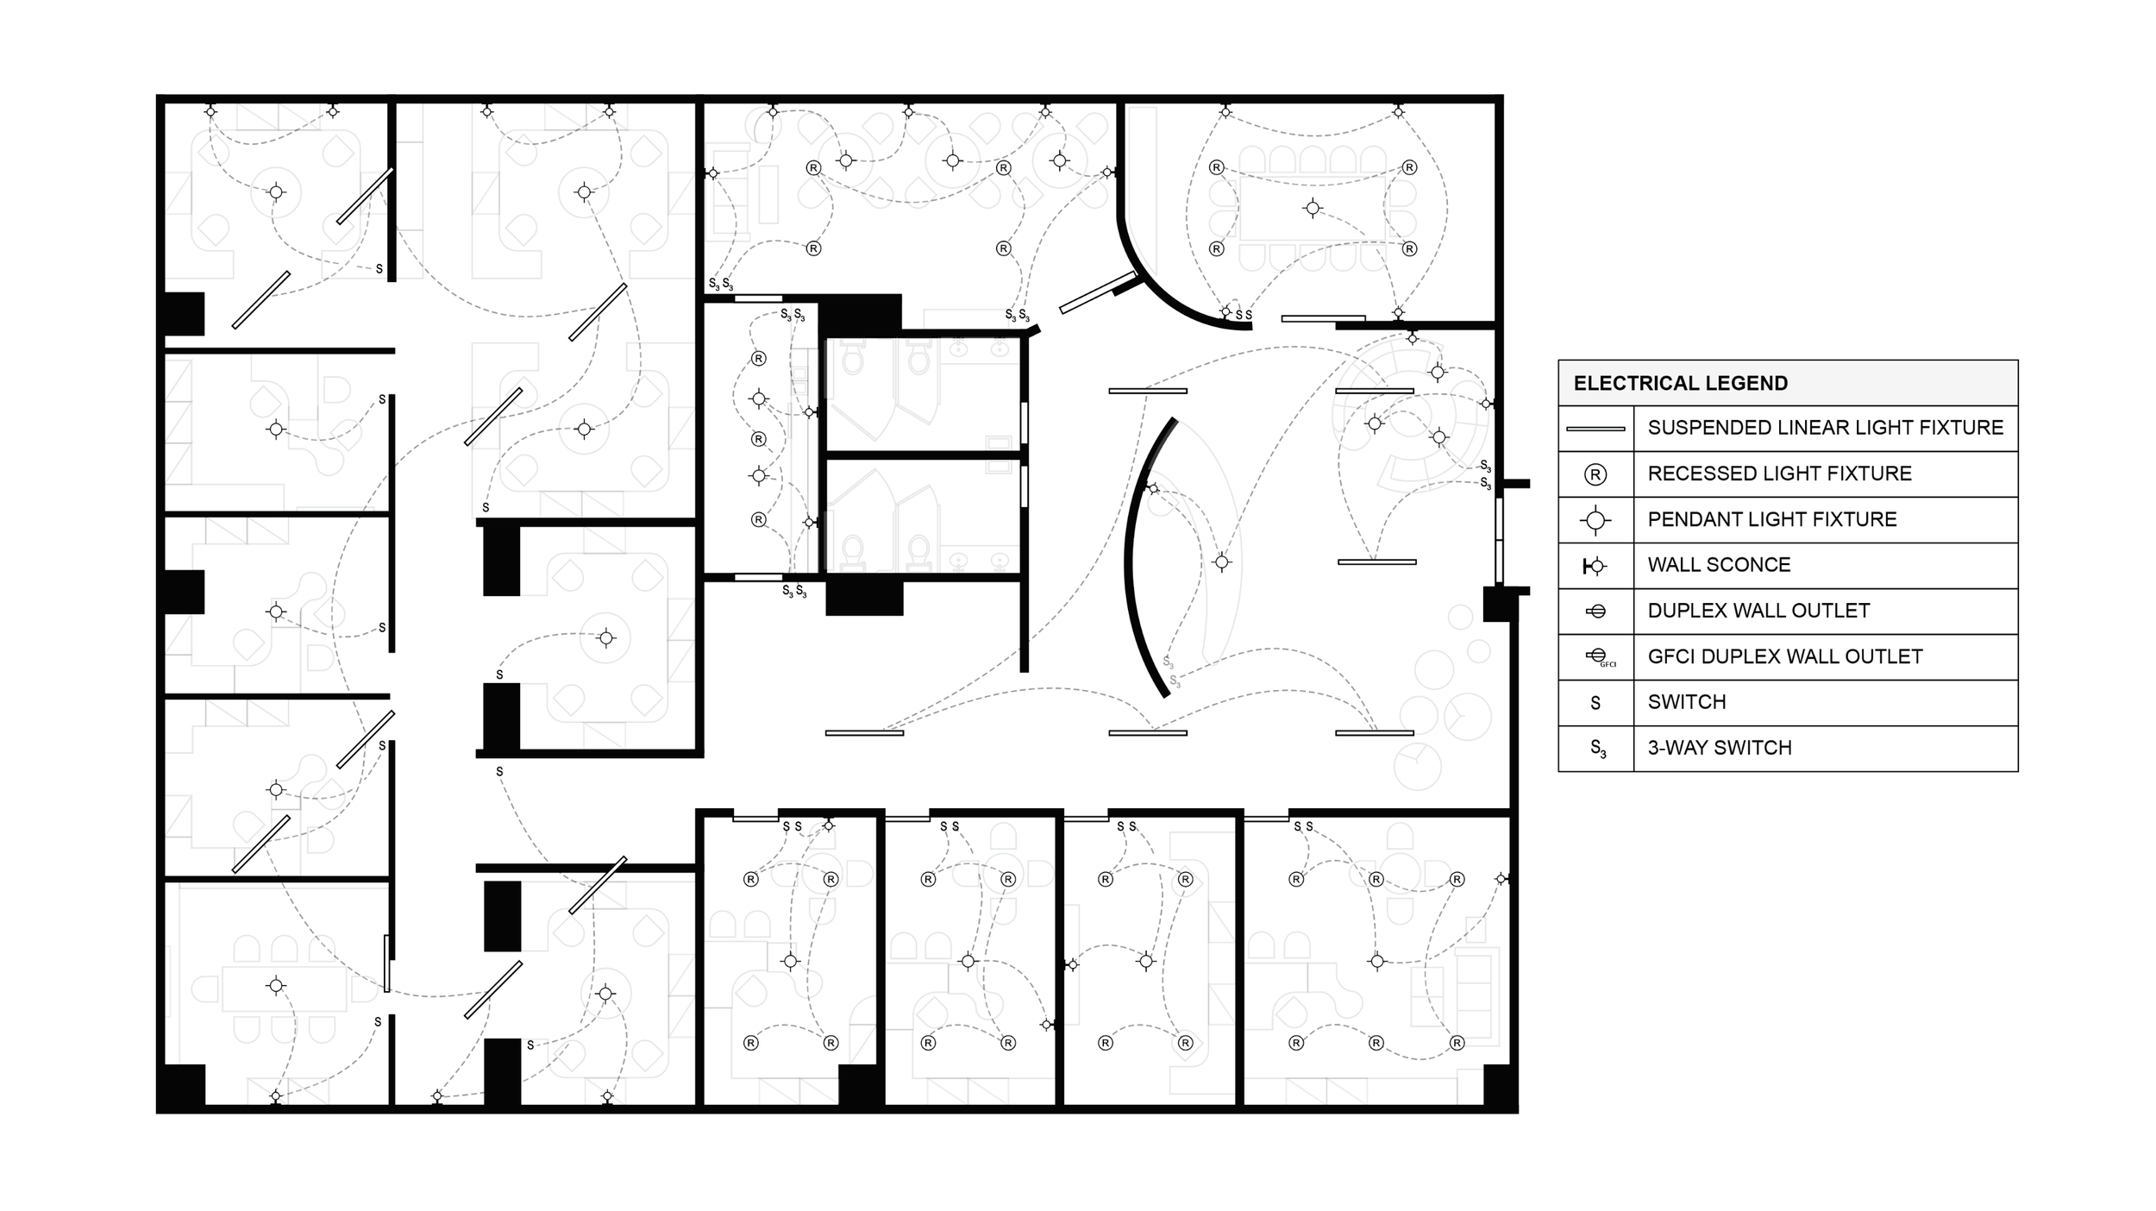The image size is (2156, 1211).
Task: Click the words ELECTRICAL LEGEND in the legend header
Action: [1680, 383]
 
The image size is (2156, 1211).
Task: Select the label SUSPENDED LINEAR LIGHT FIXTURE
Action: [1825, 428]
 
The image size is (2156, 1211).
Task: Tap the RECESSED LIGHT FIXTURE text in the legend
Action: [1779, 474]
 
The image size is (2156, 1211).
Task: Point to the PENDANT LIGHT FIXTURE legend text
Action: [1771, 519]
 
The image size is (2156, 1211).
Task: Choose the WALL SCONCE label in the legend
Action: [1719, 565]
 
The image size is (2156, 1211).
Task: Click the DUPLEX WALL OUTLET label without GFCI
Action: [1758, 611]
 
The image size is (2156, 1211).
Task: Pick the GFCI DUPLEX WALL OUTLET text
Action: [1784, 656]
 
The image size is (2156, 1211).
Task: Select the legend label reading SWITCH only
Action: [1686, 702]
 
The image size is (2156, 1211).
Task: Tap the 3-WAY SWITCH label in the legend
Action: [1719, 748]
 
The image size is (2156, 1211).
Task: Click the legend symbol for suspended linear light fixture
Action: [1595, 429]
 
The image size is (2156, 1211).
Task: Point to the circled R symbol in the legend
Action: [1595, 474]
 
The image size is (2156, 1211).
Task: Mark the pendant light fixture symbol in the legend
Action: [1595, 520]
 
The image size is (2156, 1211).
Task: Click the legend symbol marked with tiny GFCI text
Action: [1597, 657]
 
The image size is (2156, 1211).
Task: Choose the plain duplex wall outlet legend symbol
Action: [1596, 612]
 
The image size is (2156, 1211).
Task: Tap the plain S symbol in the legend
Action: [1595, 703]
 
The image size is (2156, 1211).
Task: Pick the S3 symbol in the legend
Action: [1597, 749]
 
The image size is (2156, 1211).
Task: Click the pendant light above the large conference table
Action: [1312, 208]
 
